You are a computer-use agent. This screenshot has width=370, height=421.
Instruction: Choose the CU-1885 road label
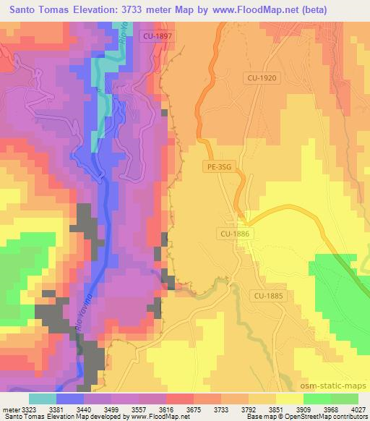click(268, 295)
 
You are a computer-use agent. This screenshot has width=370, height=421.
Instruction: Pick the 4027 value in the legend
click(359, 409)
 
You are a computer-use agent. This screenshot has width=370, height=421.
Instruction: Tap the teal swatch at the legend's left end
click(42, 399)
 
